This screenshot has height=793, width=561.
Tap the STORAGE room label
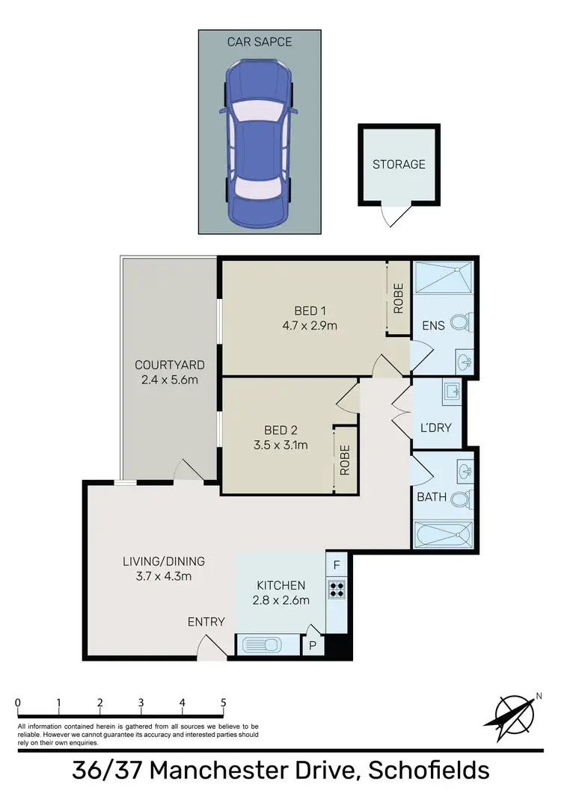399,164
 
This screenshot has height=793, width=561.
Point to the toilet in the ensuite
465,323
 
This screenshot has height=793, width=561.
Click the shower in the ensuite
444,277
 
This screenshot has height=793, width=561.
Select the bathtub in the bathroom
444,535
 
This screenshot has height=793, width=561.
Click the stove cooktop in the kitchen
336,589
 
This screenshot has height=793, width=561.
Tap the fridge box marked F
336,565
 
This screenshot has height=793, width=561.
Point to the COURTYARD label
170,365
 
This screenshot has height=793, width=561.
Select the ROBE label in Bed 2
345,460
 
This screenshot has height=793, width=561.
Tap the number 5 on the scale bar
223,702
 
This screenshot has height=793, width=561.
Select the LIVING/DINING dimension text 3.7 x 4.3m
165,576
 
